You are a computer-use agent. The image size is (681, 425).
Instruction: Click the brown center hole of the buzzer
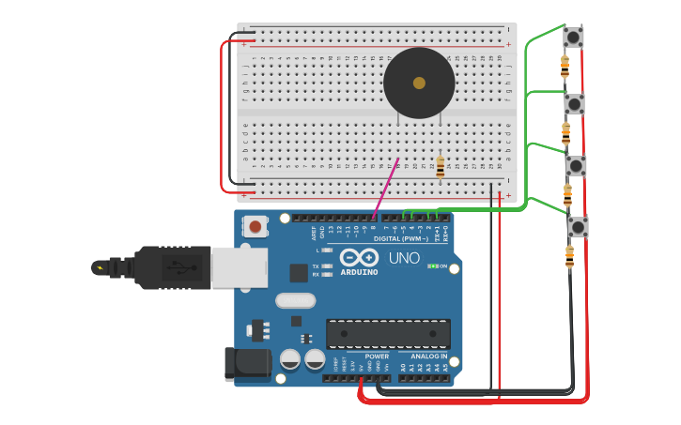tap(419, 83)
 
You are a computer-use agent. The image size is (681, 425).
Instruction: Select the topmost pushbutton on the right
tap(573, 38)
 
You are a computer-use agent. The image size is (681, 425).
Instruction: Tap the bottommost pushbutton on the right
tap(578, 227)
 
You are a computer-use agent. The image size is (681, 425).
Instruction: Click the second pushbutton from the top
tap(574, 103)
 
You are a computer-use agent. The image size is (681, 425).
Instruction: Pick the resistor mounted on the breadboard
tap(441, 167)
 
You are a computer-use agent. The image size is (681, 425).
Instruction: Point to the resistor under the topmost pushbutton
tap(565, 66)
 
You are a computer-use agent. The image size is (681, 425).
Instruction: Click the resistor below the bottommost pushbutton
tap(569, 255)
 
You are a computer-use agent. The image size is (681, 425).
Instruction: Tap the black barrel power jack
tap(247, 364)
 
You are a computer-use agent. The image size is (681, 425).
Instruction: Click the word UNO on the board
tap(404, 258)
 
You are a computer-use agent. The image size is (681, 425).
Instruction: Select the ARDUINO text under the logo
tap(359, 272)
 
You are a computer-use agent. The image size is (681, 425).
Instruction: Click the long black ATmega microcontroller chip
tap(388, 333)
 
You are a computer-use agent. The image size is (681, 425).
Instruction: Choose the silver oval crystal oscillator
tap(296, 301)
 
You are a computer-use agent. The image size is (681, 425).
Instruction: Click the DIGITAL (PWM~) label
tap(402, 238)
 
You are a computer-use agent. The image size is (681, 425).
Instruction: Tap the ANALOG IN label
tap(429, 356)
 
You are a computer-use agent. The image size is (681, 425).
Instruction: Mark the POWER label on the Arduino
tap(377, 356)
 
